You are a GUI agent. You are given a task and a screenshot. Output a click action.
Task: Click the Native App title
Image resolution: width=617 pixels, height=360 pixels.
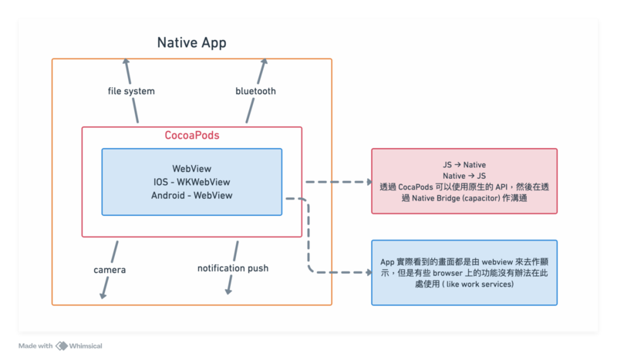coord(192,42)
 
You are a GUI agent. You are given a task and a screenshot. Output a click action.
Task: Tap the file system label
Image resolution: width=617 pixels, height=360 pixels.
coord(131,91)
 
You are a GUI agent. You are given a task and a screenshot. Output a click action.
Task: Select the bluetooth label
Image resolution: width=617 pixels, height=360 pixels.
coord(255,91)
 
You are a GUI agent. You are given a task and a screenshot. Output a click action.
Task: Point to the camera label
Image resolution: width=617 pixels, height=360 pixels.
coord(110,270)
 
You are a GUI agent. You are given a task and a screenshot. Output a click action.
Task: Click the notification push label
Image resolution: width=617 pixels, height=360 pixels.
coord(233,268)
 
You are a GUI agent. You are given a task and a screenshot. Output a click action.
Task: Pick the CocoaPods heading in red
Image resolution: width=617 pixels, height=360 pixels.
coord(192,135)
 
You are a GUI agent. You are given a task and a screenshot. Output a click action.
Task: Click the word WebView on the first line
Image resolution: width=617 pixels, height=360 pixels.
coord(192,168)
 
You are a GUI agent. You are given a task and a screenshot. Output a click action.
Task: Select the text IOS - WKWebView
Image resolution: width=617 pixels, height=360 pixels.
coord(192,182)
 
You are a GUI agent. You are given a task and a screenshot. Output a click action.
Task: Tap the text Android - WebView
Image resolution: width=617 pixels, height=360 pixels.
coord(192,196)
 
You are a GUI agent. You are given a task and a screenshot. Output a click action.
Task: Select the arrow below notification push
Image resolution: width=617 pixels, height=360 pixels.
coord(228,290)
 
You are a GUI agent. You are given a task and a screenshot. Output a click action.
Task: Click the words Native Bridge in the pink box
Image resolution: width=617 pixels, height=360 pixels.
coord(427,199)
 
